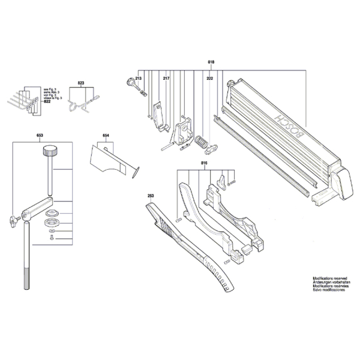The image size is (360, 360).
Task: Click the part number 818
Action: pos(211,63)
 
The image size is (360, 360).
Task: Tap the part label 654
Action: pos(106,137)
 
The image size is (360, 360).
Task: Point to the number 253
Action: pos(151,196)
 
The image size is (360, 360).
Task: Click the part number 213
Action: pos(138,79)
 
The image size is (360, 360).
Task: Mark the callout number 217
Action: pos(166,79)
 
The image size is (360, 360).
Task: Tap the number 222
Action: pos(209,79)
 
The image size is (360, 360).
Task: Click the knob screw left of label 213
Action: pos(129,83)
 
